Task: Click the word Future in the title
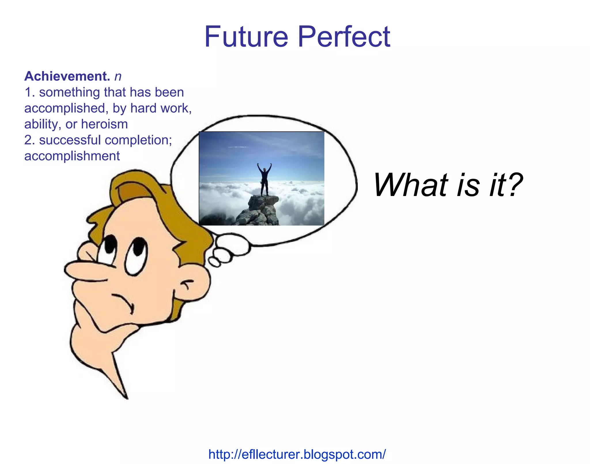point(246,37)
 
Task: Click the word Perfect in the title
point(344,37)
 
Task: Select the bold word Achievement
point(67,76)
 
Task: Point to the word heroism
point(104,124)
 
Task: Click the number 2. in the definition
point(30,140)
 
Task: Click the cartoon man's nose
point(84,269)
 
